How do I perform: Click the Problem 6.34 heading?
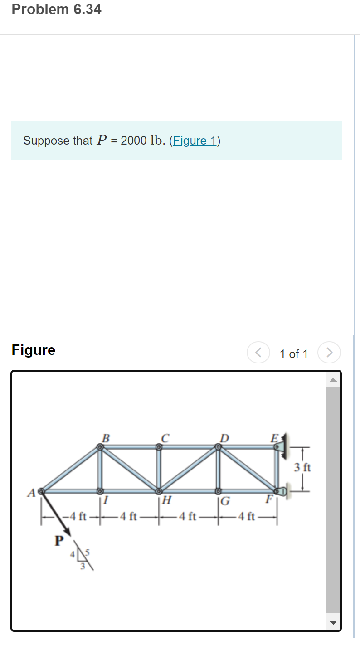coord(57,9)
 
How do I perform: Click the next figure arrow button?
coord(329,353)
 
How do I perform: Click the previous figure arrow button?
coord(258,353)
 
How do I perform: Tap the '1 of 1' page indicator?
coord(293,354)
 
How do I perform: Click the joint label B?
coord(106,438)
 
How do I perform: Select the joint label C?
coord(165,438)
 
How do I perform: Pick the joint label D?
coord(224,438)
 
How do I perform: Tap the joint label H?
coord(166,501)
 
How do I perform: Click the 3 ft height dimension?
coord(302,467)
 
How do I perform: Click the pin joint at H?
coord(159,491)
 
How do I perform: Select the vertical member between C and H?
coord(159,469)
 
